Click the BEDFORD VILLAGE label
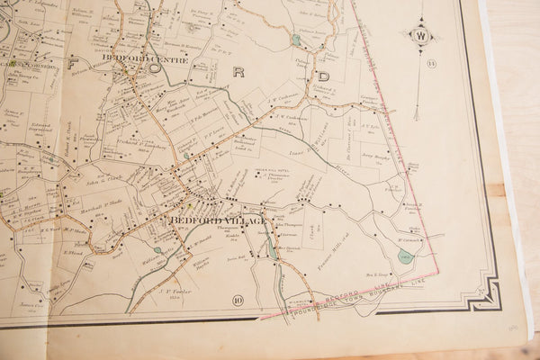(218, 220)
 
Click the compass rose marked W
(419, 36)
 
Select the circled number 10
(238, 300)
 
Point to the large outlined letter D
(322, 76)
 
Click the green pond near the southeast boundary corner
(406, 257)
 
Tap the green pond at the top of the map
(296, 40)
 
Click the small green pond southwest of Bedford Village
(157, 250)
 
